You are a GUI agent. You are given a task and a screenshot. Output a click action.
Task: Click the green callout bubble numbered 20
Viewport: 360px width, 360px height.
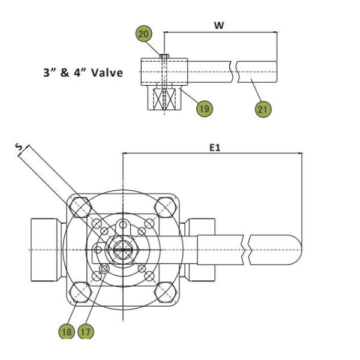[x=144, y=34]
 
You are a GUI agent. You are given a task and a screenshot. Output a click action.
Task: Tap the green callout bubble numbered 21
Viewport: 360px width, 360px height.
[x=263, y=109]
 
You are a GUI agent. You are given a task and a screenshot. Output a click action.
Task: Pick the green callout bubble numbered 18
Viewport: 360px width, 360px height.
[x=67, y=331]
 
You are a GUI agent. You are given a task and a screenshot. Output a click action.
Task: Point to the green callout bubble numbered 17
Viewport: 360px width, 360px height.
[x=86, y=331]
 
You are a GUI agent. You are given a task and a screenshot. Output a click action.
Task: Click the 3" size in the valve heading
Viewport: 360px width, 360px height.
[x=48, y=73]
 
